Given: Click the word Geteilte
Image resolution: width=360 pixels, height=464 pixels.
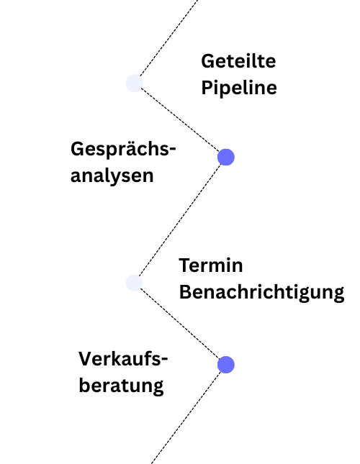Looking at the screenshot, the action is [x=238, y=61].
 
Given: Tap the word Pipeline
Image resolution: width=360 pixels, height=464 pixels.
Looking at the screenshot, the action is [x=239, y=88].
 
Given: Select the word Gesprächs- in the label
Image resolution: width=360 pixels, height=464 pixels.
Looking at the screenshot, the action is [x=123, y=150].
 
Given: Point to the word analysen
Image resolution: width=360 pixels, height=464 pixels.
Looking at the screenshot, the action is [x=112, y=176].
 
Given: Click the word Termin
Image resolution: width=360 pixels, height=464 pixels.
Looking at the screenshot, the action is [x=211, y=265].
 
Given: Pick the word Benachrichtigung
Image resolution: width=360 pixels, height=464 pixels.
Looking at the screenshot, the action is [x=261, y=292].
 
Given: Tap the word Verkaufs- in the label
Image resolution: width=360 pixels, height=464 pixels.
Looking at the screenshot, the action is [x=123, y=359].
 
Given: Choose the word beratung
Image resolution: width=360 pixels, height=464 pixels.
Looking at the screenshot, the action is [x=121, y=386].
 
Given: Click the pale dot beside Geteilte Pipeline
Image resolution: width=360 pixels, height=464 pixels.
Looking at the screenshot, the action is [x=135, y=83].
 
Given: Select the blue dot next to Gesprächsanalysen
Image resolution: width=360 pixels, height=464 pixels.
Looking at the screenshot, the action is [x=226, y=157].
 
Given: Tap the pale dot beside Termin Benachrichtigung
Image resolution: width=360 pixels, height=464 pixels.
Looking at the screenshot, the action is [x=135, y=283].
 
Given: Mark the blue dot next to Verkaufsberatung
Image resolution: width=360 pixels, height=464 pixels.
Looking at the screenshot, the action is [x=226, y=365].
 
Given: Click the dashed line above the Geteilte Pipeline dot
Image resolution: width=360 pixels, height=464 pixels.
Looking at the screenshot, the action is [x=168, y=38].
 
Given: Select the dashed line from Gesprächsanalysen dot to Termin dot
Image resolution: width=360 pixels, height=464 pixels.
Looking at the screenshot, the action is [x=180, y=220].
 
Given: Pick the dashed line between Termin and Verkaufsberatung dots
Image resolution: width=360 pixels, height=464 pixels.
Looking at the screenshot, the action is [x=180, y=324].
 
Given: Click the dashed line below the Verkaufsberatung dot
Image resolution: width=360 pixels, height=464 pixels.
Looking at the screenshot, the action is [x=186, y=417].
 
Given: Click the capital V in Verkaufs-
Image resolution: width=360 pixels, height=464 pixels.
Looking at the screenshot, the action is [x=85, y=359].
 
